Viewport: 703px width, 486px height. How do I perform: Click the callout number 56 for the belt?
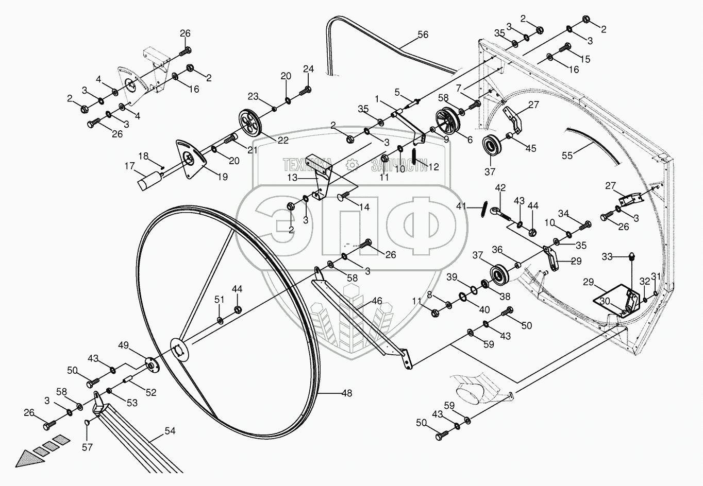[423, 34]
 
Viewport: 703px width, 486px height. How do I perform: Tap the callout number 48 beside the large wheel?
[347, 393]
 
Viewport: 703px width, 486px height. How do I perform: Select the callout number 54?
[170, 431]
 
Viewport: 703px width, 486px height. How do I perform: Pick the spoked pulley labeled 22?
[251, 123]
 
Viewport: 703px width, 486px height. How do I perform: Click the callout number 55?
[567, 155]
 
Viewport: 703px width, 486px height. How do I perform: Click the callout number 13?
[293, 178]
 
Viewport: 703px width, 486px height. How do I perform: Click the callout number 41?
[461, 206]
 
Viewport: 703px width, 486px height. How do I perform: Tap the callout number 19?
[222, 177]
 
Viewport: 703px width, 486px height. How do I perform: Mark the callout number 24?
[308, 69]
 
